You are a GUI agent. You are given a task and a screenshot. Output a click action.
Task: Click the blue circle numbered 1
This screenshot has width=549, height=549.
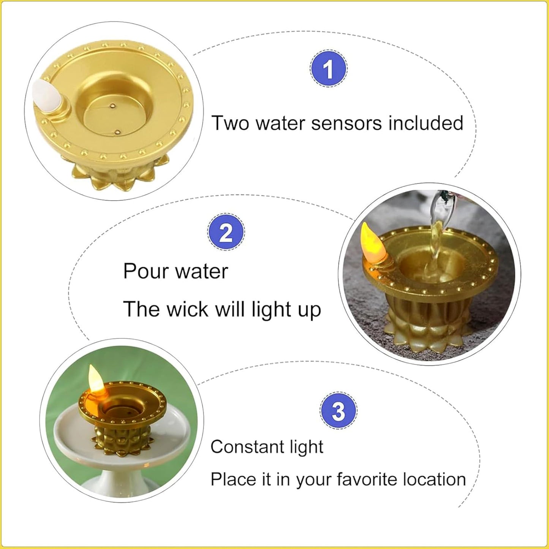click(x=328, y=69)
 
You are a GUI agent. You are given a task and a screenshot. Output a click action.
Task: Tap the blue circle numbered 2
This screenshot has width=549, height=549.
click(x=226, y=232)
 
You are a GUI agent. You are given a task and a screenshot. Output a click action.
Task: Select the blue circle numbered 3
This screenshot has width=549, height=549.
click(x=339, y=411)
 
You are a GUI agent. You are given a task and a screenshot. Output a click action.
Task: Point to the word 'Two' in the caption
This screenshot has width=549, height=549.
click(x=231, y=123)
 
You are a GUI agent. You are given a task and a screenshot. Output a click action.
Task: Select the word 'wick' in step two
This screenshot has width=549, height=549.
click(x=187, y=309)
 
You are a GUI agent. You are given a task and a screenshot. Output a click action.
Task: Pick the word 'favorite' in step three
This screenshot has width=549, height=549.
click(x=367, y=479)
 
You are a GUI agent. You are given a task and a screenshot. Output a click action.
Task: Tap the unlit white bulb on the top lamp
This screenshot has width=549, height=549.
click(x=45, y=94)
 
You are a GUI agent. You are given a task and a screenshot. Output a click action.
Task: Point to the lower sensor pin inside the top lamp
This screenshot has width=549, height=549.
click(x=117, y=132)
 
